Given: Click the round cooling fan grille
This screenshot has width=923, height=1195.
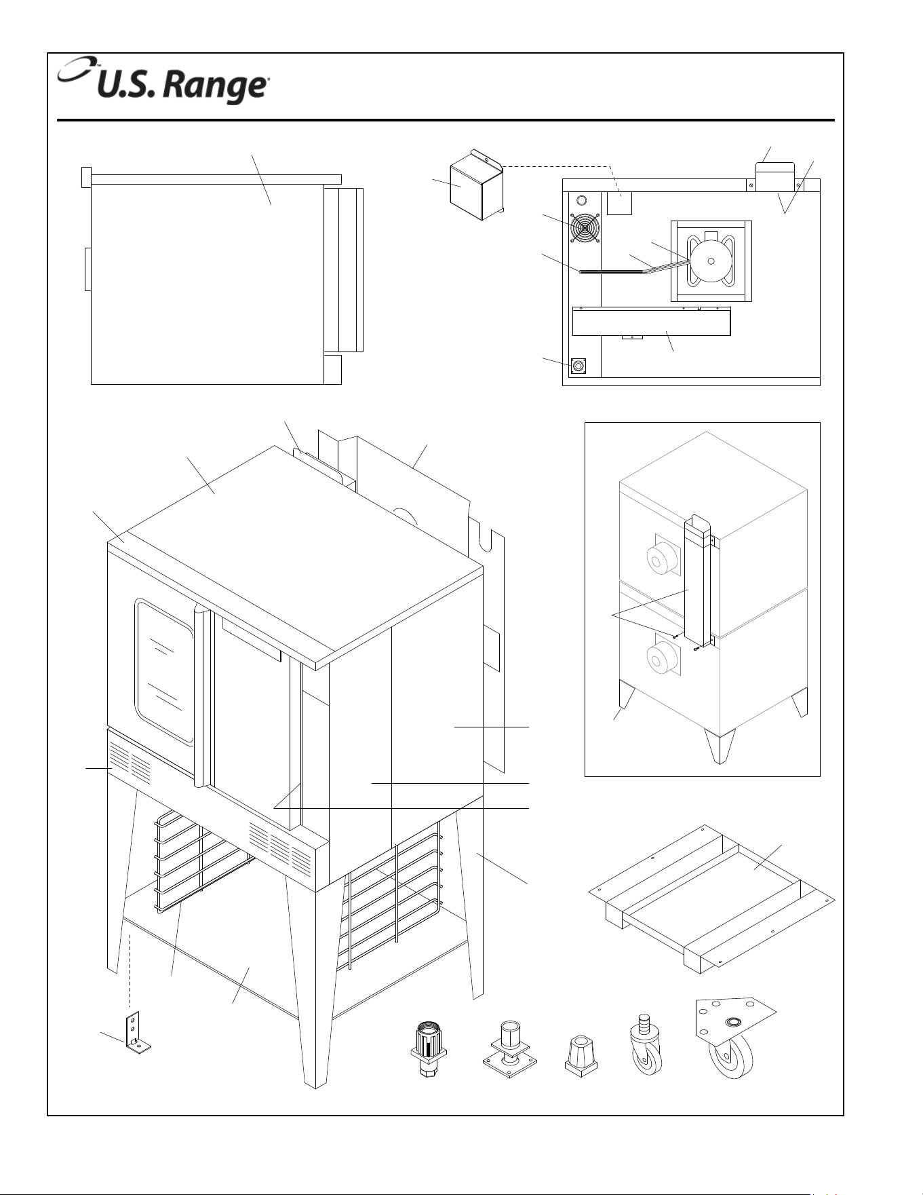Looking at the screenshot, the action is tap(585, 229).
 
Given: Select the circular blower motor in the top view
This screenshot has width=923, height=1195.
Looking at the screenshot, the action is tap(711, 261).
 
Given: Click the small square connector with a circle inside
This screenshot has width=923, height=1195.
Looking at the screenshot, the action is tap(578, 366).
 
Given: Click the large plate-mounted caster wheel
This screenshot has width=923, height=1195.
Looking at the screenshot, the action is tap(734, 1038).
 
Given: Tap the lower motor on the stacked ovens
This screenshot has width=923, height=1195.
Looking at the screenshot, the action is tap(661, 657).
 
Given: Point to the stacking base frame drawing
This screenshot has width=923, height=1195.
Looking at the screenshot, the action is tap(711, 898).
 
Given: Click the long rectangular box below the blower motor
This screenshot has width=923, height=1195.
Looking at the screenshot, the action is tap(651, 322).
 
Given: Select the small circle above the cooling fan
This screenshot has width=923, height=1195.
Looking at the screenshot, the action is tap(581, 202).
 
